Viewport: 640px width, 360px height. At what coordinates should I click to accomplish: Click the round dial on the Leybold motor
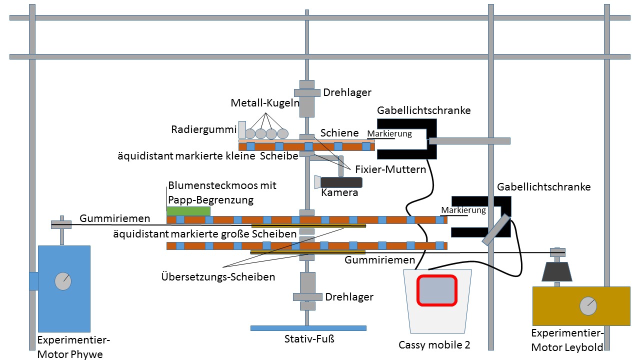(588, 305)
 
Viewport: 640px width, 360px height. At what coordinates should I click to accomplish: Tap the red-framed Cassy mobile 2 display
(437, 290)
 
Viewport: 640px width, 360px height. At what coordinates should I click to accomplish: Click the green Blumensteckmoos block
(188, 211)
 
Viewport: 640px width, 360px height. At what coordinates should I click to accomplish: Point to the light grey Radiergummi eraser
(242, 129)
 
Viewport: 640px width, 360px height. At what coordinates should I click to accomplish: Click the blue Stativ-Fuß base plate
(308, 328)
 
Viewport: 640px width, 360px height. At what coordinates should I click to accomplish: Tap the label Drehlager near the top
(347, 92)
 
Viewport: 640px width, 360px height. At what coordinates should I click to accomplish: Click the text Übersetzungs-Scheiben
(218, 276)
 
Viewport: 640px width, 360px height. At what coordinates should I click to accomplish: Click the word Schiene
(339, 132)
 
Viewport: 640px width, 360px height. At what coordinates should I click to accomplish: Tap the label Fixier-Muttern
(390, 169)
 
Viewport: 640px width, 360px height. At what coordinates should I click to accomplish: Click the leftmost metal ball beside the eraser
(249, 133)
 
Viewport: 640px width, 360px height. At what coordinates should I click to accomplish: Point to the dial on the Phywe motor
(63, 281)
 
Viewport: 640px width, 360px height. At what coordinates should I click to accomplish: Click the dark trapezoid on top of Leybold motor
(556, 271)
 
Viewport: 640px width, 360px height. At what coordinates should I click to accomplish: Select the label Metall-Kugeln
(264, 103)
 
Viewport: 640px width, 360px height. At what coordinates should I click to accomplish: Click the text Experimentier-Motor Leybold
(567, 340)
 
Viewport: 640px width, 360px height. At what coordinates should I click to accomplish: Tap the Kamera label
(339, 192)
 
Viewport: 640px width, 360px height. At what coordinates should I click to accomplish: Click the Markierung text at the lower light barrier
(463, 210)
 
